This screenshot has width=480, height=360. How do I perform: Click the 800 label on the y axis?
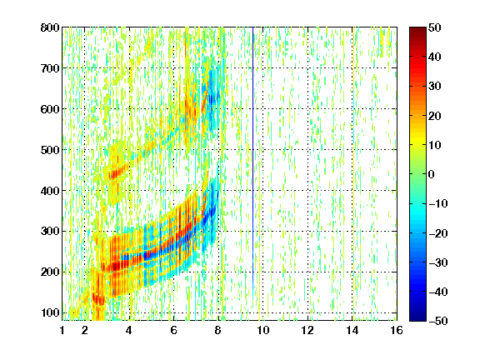coord(50,27)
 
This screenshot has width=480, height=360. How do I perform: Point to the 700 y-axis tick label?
coord(50,68)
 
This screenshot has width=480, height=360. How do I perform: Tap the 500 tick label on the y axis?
coord(50,150)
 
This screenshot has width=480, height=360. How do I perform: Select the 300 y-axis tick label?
coord(50,232)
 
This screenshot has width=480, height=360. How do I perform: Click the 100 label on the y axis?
coord(50,312)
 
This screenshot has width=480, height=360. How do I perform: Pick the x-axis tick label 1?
coord(62,330)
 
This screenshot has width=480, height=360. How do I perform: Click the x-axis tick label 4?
coord(129,330)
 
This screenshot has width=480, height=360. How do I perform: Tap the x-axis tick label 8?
coord(218,330)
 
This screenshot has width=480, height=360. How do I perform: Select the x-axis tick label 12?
coord(307,330)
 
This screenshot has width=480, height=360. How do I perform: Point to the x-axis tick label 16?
coord(397,330)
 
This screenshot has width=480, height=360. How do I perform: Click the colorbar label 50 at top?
coord(434,27)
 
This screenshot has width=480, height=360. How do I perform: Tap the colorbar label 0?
coord(432,174)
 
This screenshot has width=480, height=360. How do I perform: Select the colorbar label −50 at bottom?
coord(438,321)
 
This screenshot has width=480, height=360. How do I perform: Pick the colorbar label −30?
coord(438,262)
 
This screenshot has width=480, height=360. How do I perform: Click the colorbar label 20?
coord(434,116)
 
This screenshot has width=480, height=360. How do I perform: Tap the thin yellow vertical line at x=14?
coord(353,173)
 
